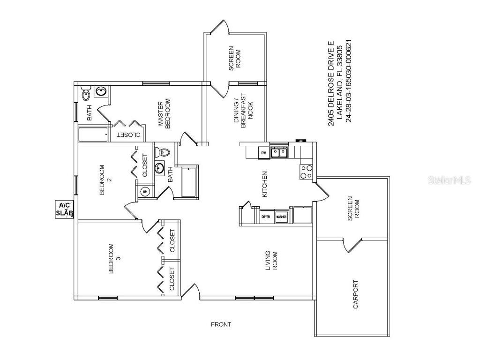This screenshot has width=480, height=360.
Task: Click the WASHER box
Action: coord(281,217)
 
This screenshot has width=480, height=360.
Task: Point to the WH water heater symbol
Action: coord(145,192)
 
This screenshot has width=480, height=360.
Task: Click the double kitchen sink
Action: coord(280,152)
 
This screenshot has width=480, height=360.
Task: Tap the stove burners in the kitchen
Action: coord(306,172)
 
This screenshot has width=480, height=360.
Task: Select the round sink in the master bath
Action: coord(101,91)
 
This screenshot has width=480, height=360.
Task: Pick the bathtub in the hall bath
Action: coord(189,182)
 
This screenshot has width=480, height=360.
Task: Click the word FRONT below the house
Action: coord(221,324)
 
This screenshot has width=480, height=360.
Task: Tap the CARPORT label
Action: coord(355,295)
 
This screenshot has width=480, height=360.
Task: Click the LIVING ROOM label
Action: coord(271,261)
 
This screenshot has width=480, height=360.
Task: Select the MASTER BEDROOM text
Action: coord(164,113)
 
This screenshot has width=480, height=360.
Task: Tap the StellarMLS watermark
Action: coord(453,180)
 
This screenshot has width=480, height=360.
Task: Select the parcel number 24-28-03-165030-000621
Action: coord(348,81)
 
